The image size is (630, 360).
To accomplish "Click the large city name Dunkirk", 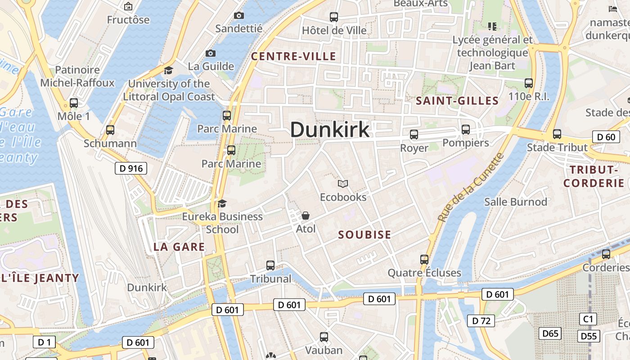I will click(330, 130).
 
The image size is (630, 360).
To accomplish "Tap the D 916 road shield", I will click(131, 169).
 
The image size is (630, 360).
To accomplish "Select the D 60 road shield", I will click(606, 137).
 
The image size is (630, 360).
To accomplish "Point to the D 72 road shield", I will click(481, 321).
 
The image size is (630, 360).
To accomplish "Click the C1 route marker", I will click(588, 319).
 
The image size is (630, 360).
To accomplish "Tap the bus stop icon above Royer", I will click(414, 134).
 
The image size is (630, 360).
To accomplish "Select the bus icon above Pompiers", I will click(465, 130).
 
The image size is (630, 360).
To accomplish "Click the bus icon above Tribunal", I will click(270, 265).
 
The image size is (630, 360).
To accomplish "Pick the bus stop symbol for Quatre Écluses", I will click(424, 259).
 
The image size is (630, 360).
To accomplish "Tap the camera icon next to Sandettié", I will click(239, 16).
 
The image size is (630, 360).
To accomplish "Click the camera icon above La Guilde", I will click(210, 53).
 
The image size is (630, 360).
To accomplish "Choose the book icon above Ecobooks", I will click(343, 184).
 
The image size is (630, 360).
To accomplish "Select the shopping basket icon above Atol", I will click(306, 216).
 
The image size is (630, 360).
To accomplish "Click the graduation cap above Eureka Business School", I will click(222, 203).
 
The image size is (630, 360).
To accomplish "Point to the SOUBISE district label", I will click(364, 234).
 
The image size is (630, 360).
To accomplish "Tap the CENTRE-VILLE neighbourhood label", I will click(293, 56).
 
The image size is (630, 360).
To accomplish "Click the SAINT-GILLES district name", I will click(457, 100).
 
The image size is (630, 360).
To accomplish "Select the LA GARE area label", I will click(179, 247).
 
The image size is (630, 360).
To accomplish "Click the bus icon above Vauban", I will click(324, 337).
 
